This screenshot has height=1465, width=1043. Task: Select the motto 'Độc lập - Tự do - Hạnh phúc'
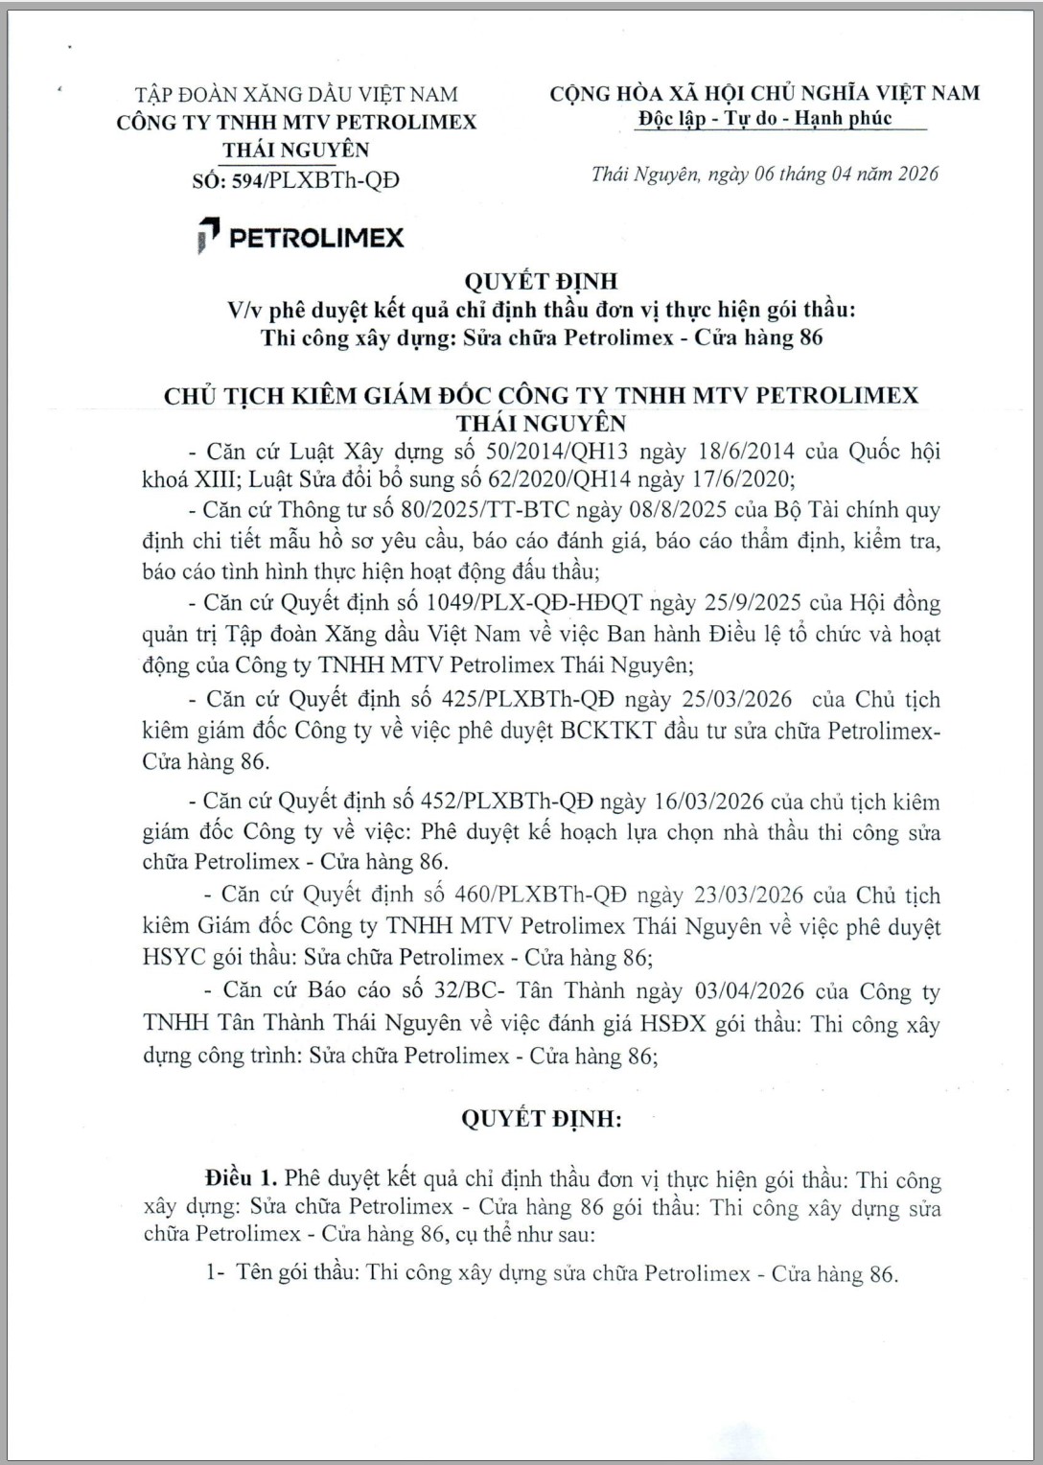click(x=765, y=118)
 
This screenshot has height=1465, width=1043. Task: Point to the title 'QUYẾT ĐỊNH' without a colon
click(x=541, y=281)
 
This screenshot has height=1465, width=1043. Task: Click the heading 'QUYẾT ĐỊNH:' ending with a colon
click(x=541, y=1118)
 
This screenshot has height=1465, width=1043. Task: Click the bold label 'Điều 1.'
click(x=240, y=1178)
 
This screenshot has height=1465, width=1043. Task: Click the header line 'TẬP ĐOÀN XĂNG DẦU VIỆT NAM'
click(x=296, y=94)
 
